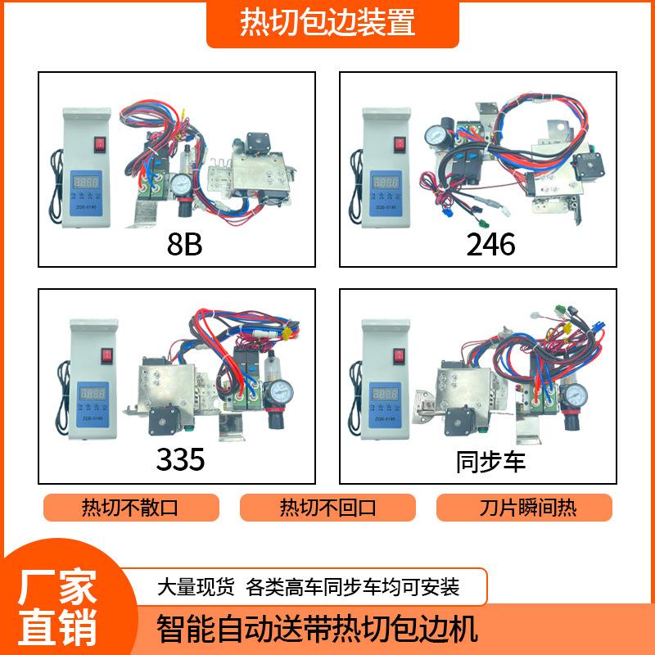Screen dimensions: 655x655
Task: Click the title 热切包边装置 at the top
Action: coord(327,23)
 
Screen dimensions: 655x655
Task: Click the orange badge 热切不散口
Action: coord(129,508)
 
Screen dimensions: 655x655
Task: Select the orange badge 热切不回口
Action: coord(327,508)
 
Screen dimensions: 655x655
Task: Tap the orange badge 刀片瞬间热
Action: coord(524,508)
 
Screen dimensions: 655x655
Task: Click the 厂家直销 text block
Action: coord(57,604)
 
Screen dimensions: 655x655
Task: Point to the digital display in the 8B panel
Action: coord(86,182)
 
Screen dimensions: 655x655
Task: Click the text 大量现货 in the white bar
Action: coord(196,587)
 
